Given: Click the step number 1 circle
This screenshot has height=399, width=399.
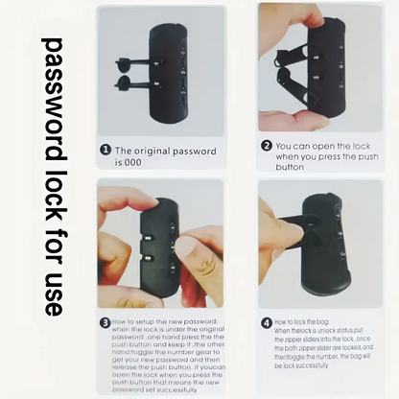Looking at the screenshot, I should pos(106,152).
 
